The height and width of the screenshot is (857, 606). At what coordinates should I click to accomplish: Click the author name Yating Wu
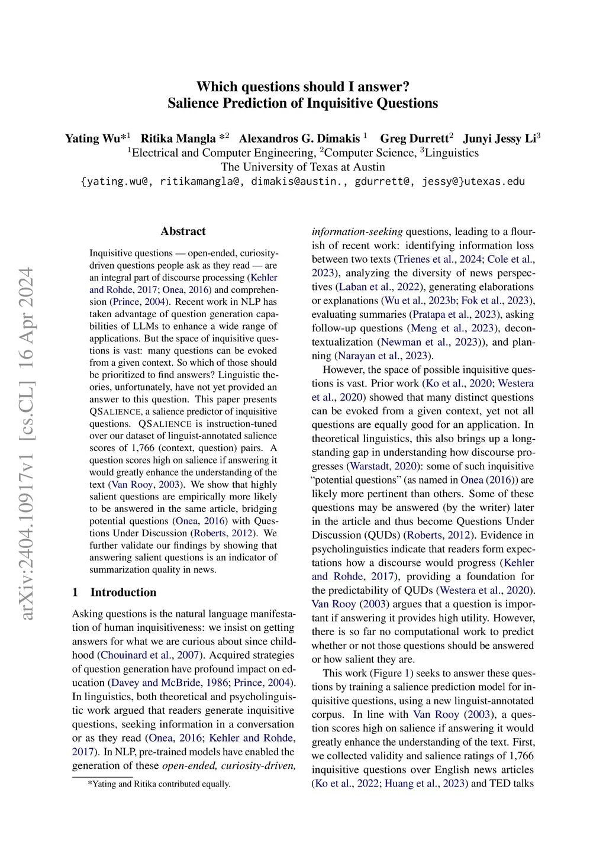tap(92, 138)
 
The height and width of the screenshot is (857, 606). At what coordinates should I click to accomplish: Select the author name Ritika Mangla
tap(178, 138)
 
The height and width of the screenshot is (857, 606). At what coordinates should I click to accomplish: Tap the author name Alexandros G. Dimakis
tap(299, 138)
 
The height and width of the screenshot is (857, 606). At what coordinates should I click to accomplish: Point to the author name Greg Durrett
tap(414, 138)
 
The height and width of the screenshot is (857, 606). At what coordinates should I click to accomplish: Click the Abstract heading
tap(183, 231)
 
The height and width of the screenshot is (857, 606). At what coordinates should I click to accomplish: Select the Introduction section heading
tap(123, 592)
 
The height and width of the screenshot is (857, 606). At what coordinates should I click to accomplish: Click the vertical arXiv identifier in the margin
tap(27, 444)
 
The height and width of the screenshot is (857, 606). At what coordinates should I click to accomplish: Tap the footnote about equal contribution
tap(159, 784)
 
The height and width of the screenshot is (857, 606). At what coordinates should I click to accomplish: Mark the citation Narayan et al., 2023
tap(383, 356)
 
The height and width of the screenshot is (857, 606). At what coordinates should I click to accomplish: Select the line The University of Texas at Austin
tap(303, 167)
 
